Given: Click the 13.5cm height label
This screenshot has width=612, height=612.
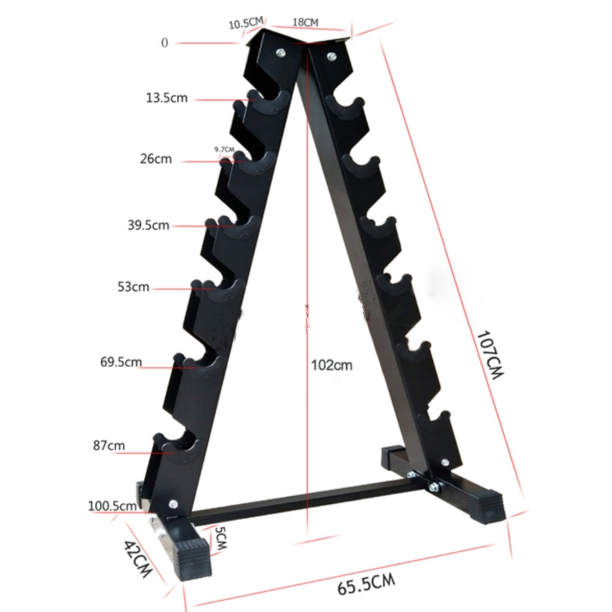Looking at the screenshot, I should pyautogui.click(x=166, y=98).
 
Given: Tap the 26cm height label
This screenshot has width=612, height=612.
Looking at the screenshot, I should pyautogui.click(x=155, y=158).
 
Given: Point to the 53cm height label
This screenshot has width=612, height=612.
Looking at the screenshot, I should pyautogui.click(x=133, y=287).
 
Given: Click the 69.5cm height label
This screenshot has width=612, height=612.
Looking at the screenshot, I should pyautogui.click(x=120, y=362).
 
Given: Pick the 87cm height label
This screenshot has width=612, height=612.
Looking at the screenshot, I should pyautogui.click(x=109, y=446).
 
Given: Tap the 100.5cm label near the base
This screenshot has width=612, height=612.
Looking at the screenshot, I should pyautogui.click(x=112, y=506).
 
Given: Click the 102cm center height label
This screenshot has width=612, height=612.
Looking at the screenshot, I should pyautogui.click(x=332, y=365).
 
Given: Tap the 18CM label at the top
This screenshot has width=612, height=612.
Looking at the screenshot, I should pyautogui.click(x=305, y=23).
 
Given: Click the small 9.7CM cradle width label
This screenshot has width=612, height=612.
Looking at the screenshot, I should pyautogui.click(x=224, y=150).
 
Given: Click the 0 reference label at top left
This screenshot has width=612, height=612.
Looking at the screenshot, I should pyautogui.click(x=165, y=42).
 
